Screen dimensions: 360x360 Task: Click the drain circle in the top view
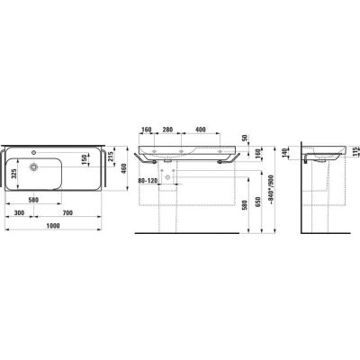tap(33, 166)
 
